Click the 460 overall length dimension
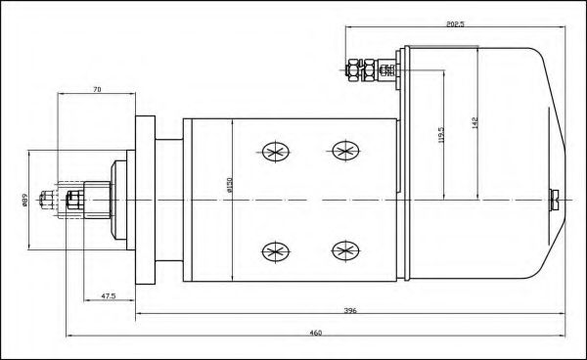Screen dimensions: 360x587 click(x=316, y=334)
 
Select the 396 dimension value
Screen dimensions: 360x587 click(x=348, y=312)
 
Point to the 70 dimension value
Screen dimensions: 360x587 click(x=96, y=90)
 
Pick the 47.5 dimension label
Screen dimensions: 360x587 click(x=110, y=293)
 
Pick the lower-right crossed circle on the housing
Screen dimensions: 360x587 click(x=343, y=249)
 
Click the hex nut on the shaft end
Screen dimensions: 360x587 click(x=74, y=202)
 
